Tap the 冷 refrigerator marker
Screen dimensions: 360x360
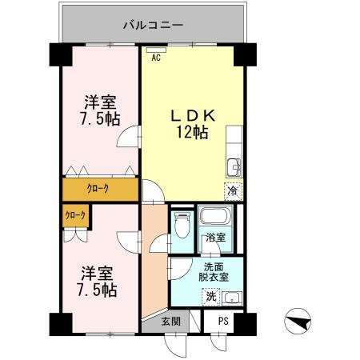click(x=232, y=191)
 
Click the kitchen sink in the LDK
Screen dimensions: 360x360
click(x=233, y=166)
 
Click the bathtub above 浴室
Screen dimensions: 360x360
click(x=215, y=218)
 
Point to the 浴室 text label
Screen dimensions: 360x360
click(x=214, y=238)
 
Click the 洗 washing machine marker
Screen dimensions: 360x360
click(x=211, y=297)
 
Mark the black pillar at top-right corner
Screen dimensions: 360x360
click(x=245, y=54)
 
